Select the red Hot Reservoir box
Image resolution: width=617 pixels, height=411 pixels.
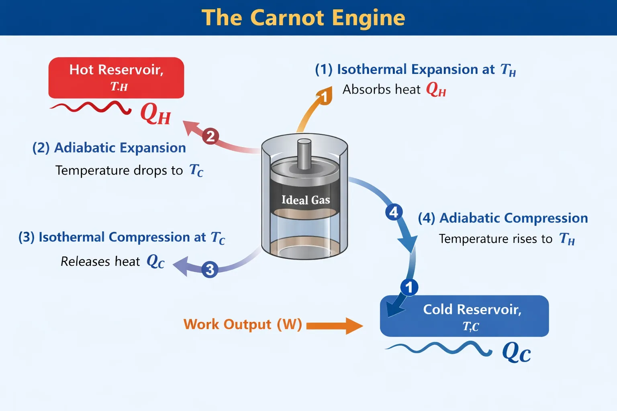[116, 77]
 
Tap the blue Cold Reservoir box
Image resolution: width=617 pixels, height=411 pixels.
[464, 316]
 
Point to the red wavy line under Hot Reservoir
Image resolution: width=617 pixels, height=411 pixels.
[90, 107]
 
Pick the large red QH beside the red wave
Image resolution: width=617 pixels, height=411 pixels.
[155, 114]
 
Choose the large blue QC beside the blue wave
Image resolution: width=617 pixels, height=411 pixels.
[517, 353]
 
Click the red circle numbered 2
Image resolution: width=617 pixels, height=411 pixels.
[210, 136]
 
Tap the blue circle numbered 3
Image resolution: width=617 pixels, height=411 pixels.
[210, 269]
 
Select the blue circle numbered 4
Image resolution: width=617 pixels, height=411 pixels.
[394, 212]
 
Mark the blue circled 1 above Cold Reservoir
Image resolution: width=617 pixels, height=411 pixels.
[409, 287]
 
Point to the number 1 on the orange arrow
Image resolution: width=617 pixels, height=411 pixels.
[324, 97]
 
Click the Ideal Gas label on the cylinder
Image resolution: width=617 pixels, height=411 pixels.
[305, 200]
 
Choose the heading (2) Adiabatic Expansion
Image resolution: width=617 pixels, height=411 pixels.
[109, 148]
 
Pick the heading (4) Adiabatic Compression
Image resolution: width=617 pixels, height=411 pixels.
[503, 218]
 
